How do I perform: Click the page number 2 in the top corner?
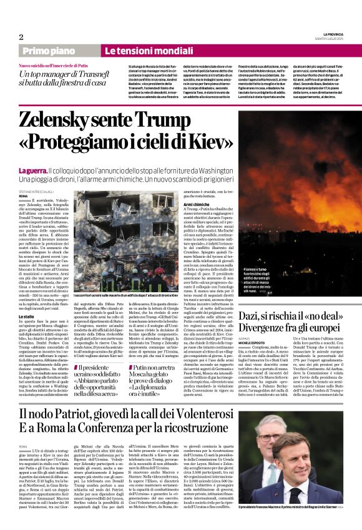[21, 37]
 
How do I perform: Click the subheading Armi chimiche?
[197, 204]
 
